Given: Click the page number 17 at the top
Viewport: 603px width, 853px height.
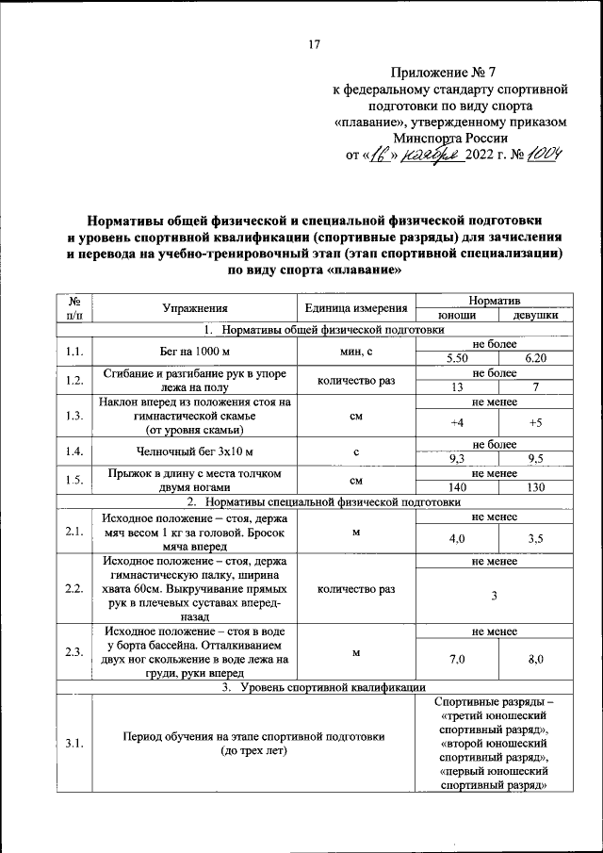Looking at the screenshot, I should [x=315, y=43].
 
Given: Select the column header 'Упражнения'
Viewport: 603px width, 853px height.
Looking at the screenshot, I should [x=195, y=307].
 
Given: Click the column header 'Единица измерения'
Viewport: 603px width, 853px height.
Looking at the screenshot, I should [x=356, y=307].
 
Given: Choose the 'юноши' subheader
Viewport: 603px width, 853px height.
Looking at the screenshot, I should [x=457, y=315].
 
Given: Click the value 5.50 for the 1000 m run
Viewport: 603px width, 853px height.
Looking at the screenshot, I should [x=457, y=359].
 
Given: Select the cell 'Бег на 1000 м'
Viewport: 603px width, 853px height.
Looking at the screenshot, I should [x=195, y=352].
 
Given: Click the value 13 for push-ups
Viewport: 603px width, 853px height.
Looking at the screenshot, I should [x=457, y=387].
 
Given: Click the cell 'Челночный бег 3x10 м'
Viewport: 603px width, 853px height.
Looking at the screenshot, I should [x=195, y=451].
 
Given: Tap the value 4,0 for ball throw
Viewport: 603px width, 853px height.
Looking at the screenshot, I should [x=457, y=538].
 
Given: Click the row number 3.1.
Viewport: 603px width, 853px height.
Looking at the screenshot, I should [x=74, y=744].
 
